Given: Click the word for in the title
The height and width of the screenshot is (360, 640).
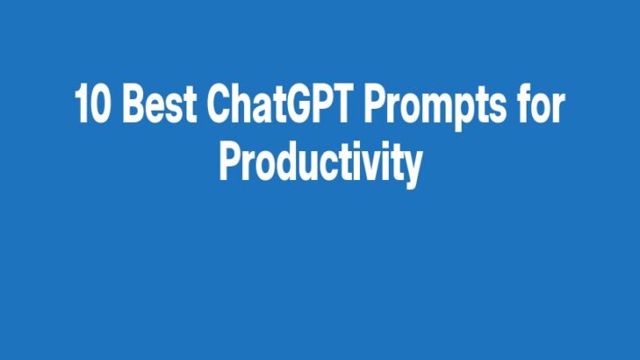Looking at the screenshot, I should click(540, 107).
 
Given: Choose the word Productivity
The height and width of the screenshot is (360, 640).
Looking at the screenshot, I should click(320, 163).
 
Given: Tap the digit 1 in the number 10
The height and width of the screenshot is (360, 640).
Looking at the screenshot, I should click(82, 107).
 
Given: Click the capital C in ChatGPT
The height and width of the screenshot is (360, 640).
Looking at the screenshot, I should click(219, 107).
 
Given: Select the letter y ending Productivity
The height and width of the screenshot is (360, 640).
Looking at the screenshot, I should click(411, 166).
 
